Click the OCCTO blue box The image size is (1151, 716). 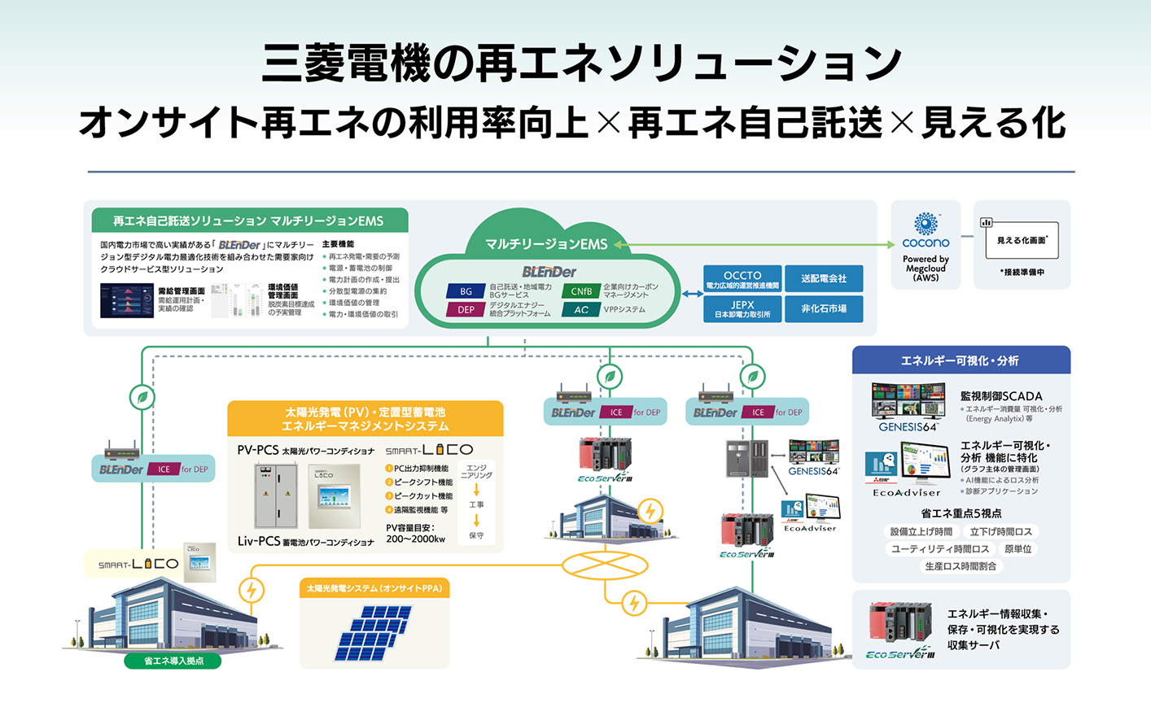742,279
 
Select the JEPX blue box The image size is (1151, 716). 742,309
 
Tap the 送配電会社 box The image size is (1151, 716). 824,279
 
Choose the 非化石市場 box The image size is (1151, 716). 824,309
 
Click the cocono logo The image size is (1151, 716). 926,231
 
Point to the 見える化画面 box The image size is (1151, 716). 1022,241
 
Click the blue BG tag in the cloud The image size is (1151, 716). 466,291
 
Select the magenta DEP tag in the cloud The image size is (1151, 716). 466,310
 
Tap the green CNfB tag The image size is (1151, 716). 581,291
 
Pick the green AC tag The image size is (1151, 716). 581,310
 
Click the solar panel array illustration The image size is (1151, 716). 374,634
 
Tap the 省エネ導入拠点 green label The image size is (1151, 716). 173,661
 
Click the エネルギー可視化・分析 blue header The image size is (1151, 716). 961,360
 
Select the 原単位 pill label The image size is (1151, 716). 1018,549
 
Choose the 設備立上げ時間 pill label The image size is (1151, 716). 921,531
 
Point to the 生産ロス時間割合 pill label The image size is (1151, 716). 961,566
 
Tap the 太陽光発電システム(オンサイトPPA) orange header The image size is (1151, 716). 374,588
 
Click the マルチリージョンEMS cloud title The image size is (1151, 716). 546,244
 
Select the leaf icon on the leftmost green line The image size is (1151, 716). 142,397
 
